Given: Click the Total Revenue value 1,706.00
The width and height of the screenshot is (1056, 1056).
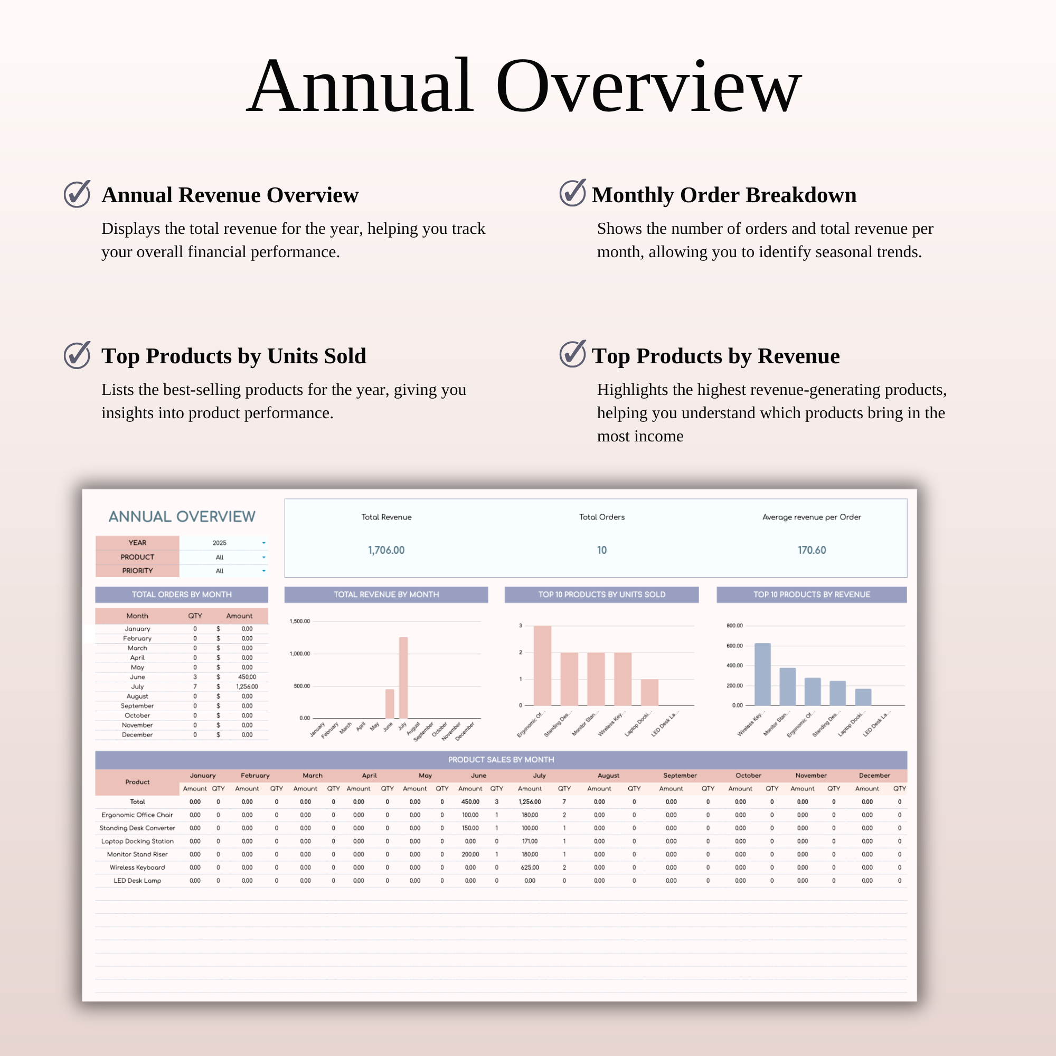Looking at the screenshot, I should point(386,550).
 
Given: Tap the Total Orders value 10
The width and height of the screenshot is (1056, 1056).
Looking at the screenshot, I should point(601,550).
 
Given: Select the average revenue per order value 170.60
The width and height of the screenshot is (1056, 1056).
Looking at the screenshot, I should point(811,550).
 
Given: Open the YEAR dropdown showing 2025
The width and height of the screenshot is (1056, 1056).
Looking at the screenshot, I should point(263,543).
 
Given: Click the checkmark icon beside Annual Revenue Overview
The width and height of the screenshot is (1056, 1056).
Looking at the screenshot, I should point(77,193).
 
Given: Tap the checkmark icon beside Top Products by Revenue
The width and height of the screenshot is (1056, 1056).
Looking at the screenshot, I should point(572,354).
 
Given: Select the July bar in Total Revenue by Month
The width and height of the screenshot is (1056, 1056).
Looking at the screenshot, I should point(403,677).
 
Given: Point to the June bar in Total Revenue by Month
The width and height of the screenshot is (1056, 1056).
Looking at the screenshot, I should point(390,703).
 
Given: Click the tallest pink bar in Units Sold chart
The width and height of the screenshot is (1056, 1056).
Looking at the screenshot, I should point(542,665).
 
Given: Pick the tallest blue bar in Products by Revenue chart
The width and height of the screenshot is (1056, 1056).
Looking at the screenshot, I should point(762,674).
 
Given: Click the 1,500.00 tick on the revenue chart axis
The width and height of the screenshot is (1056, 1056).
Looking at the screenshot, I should point(299,621).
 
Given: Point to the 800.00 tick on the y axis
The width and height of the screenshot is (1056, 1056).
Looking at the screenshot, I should point(734,625).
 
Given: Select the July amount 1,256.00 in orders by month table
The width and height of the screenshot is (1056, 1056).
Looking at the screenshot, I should point(247,686).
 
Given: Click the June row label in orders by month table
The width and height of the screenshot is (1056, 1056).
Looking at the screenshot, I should point(137,677).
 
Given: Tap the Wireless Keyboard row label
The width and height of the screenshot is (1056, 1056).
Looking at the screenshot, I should point(137,868).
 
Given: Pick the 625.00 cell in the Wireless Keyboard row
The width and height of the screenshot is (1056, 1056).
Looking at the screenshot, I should point(530,868).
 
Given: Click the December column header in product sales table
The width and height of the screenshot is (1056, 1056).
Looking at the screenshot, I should point(874,775).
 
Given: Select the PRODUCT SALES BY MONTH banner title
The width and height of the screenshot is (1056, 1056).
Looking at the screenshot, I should point(501,759).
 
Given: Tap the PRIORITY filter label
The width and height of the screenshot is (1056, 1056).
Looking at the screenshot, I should point(137,570).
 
